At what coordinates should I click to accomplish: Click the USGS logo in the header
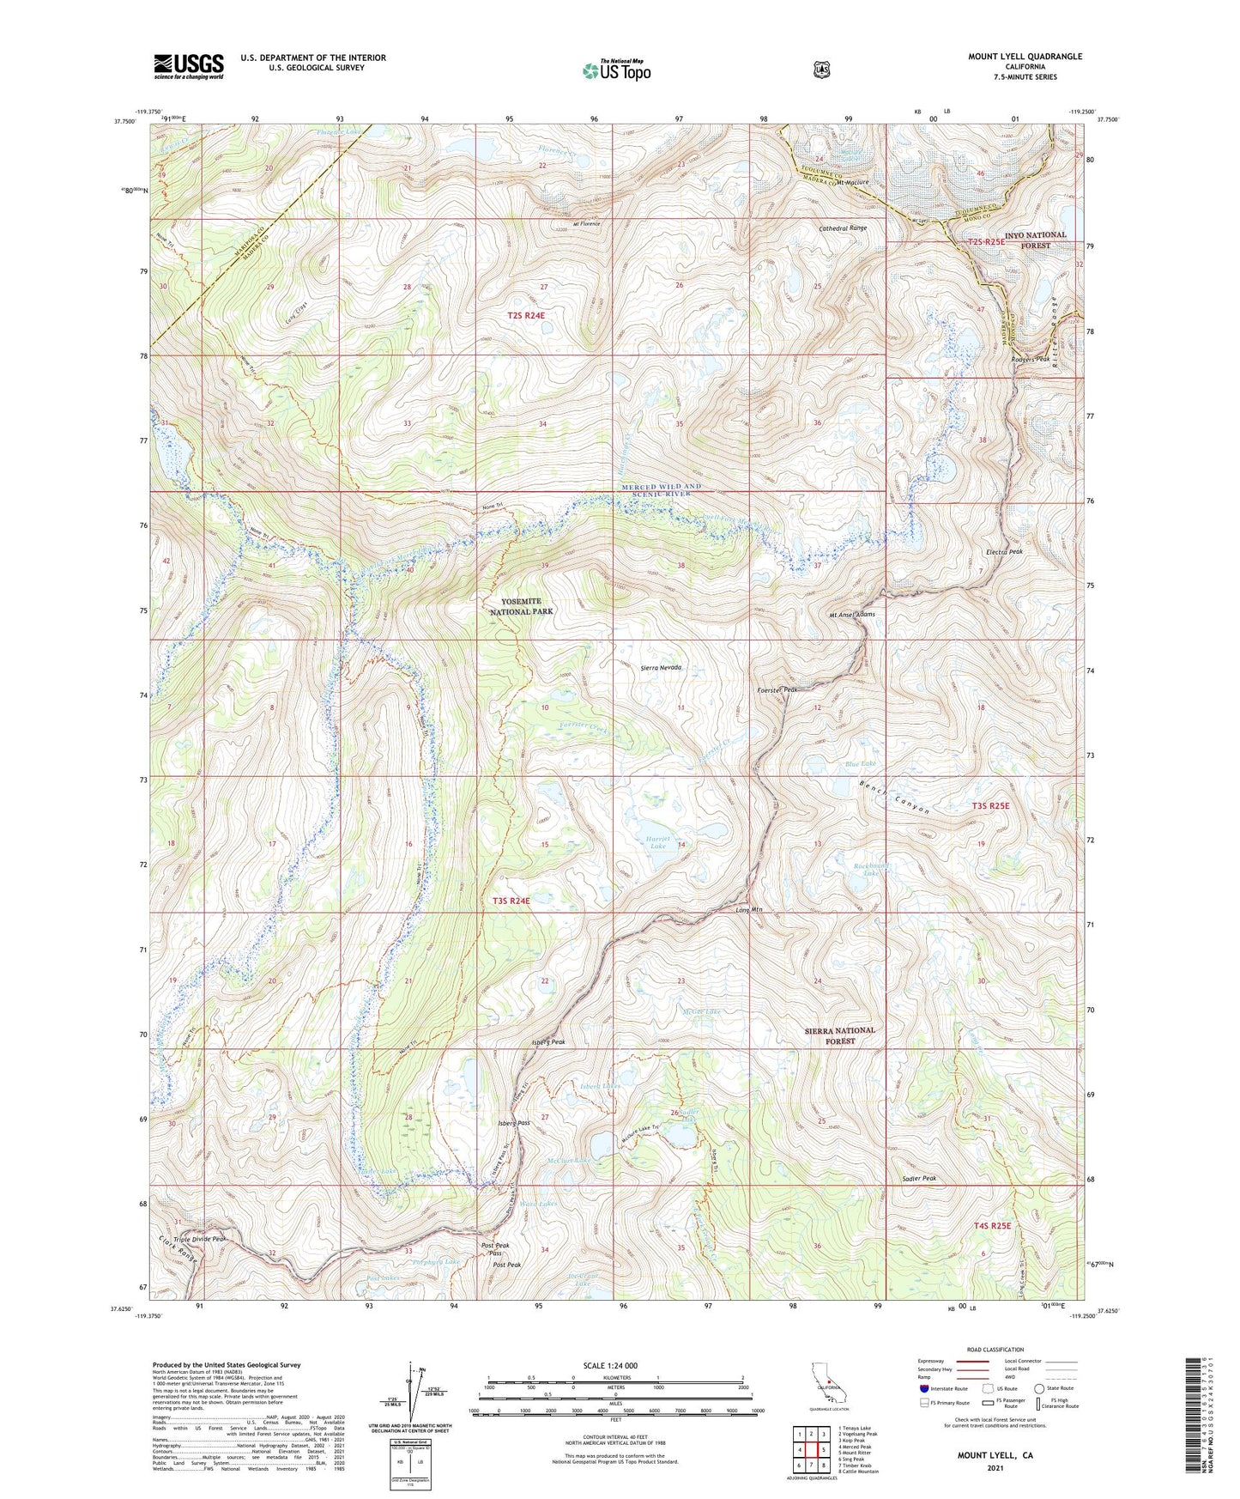(189, 66)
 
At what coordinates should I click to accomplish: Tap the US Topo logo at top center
(616, 70)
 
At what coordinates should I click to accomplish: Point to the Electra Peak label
(1004, 552)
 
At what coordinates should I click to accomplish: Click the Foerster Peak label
(777, 689)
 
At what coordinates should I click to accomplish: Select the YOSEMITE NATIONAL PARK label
(522, 606)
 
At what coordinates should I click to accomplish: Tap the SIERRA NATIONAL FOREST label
(840, 1035)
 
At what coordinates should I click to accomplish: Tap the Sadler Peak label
(918, 1179)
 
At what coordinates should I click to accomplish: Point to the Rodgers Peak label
(1030, 359)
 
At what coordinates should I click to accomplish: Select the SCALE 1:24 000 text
(610, 1366)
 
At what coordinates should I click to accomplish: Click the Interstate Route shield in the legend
(923, 1388)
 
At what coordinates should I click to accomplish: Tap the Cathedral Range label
(843, 228)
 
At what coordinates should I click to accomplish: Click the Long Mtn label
(749, 910)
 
